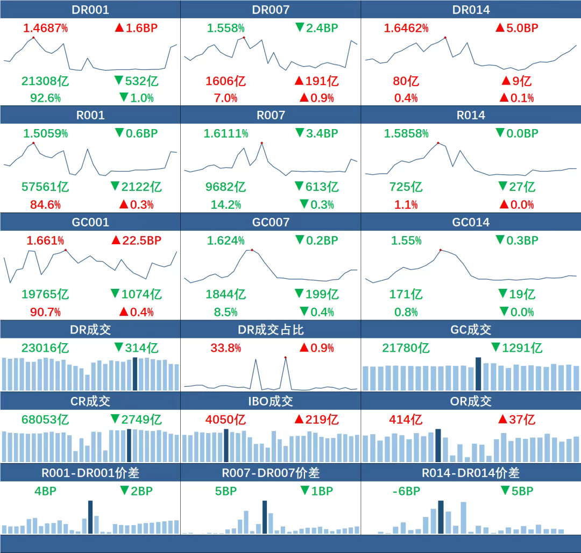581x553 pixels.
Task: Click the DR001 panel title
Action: pyautogui.click(x=90, y=10)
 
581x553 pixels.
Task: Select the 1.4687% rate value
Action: pyautogui.click(x=45, y=28)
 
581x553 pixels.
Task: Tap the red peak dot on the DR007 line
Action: pyautogui.click(x=244, y=37)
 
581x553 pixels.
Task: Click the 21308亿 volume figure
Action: pyautogui.click(x=45, y=81)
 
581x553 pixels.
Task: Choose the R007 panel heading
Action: pyautogui.click(x=271, y=115)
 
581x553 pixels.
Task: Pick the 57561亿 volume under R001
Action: pyautogui.click(x=45, y=187)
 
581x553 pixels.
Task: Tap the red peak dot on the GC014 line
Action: pyautogui.click(x=440, y=250)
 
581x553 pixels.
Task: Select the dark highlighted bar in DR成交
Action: pyautogui.click(x=135, y=374)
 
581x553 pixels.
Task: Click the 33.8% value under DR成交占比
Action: pyautogui.click(x=226, y=348)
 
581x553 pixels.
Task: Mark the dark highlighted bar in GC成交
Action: pyautogui.click(x=478, y=374)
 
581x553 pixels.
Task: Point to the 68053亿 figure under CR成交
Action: pyautogui.click(x=45, y=419)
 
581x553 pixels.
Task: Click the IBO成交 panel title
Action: pyautogui.click(x=271, y=401)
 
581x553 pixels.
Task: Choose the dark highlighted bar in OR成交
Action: pyautogui.click(x=438, y=445)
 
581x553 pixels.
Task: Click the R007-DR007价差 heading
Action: pyautogui.click(x=271, y=473)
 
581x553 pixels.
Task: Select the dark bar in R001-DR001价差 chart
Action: pyautogui.click(x=90, y=517)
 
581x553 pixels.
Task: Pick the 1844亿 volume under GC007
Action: pyautogui.click(x=226, y=294)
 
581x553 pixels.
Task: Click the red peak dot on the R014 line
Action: pyautogui.click(x=438, y=143)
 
